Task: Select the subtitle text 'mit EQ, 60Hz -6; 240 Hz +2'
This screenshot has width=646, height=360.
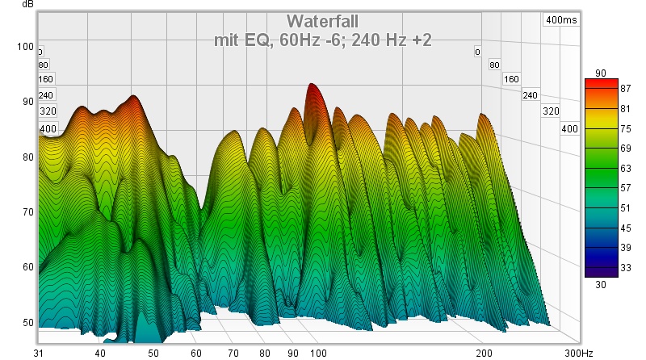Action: tap(323, 39)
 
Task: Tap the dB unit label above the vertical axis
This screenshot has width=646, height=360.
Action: tap(28, 5)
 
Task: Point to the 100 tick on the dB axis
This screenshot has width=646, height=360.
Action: tap(25, 46)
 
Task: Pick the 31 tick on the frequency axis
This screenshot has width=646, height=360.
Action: tap(39, 354)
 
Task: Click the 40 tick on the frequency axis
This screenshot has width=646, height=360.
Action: tap(99, 354)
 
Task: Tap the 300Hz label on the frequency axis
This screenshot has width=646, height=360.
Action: tap(579, 354)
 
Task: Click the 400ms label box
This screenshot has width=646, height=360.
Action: tap(561, 20)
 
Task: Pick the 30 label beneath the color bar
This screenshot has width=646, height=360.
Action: tap(601, 284)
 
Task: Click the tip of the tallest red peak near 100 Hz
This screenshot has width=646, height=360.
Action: tap(311, 84)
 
